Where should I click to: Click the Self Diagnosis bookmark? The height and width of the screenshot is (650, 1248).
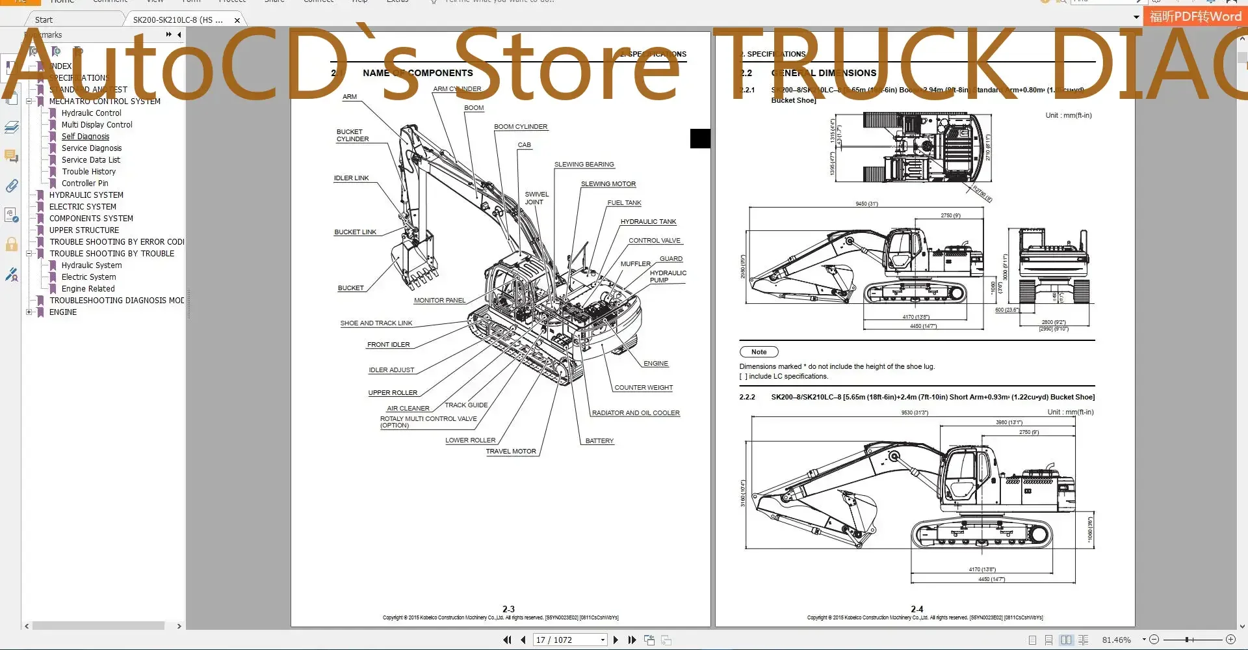point(85,137)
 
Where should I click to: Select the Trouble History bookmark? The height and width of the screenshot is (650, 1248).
point(88,172)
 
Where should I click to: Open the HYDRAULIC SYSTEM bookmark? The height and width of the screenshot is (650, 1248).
point(86,195)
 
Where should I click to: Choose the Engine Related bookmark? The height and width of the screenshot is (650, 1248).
point(88,289)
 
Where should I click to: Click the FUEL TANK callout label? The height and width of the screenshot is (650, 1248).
point(624,203)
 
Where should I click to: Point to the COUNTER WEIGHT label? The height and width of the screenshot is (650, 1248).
point(643,388)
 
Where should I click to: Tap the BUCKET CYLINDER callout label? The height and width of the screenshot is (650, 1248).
point(352,135)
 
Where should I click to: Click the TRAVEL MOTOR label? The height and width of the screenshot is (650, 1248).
point(511,452)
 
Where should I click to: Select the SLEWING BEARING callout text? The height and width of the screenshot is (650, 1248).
point(584,165)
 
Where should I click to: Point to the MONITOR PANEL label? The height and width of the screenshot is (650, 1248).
point(439,301)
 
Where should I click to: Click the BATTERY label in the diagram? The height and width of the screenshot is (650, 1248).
point(599,441)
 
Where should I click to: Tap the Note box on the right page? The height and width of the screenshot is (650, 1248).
point(759,352)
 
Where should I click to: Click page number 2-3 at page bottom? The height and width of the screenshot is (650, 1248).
point(508,609)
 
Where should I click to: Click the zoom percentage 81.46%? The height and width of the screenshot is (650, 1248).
point(1116,640)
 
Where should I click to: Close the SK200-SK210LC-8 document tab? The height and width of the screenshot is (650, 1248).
point(237,20)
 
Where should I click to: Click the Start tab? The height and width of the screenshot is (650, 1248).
point(44,20)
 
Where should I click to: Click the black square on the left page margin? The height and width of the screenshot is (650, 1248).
point(700,139)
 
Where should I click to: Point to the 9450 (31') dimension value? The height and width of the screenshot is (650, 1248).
point(866,204)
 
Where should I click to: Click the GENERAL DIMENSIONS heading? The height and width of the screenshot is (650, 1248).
point(824,73)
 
